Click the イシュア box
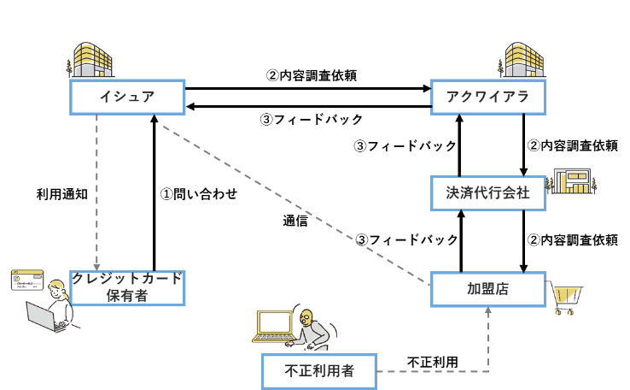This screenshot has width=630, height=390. tap(127, 97)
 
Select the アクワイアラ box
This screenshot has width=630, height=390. tap(488, 97)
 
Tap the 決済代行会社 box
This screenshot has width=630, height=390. tap(488, 193)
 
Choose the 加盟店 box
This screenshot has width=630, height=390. tap(488, 289)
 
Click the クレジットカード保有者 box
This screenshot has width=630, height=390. tap(127, 288)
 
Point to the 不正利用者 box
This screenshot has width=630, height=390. tap(318, 371)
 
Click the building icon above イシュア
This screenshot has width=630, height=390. tap(90, 60)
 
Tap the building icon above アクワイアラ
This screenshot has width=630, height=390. tap(522, 60)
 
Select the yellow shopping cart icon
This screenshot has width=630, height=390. tap(566, 298)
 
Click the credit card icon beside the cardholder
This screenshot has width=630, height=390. tap(27, 280)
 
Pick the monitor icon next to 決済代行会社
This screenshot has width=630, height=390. tap(573, 181)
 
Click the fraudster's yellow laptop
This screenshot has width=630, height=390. tap(275, 326)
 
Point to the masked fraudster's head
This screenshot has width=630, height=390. tap(306, 318)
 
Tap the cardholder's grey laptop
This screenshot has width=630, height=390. tap(43, 316)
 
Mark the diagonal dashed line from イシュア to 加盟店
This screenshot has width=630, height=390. tap(295, 205)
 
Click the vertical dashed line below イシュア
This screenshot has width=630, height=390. tap(96, 188)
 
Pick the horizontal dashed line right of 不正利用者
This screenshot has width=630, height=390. tap(431, 371)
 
